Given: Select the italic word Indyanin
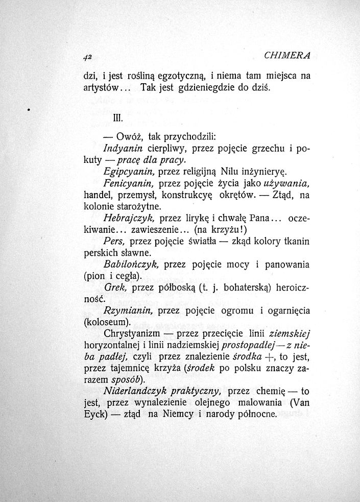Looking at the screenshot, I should click(x=122, y=149).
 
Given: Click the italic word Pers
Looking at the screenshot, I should click(x=112, y=241).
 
